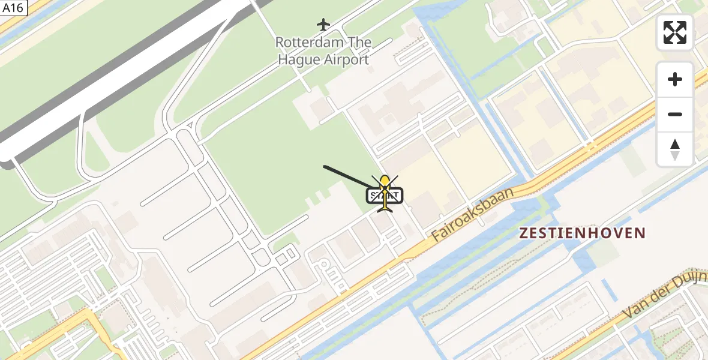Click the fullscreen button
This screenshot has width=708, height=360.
[x=675, y=32]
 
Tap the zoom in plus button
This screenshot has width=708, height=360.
[x=675, y=79]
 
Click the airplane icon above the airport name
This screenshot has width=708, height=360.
[x=323, y=25]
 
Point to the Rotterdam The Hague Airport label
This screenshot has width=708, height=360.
[x=323, y=51]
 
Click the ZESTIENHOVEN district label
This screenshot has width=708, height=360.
[x=583, y=233]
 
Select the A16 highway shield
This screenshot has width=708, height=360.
[x=11, y=8]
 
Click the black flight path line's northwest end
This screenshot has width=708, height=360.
[x=325, y=166]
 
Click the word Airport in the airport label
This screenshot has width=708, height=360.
[x=346, y=60]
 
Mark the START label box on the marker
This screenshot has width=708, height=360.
[x=385, y=196]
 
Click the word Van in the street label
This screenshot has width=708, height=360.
[x=634, y=312]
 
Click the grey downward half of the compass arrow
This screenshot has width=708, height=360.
[x=675, y=156]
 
